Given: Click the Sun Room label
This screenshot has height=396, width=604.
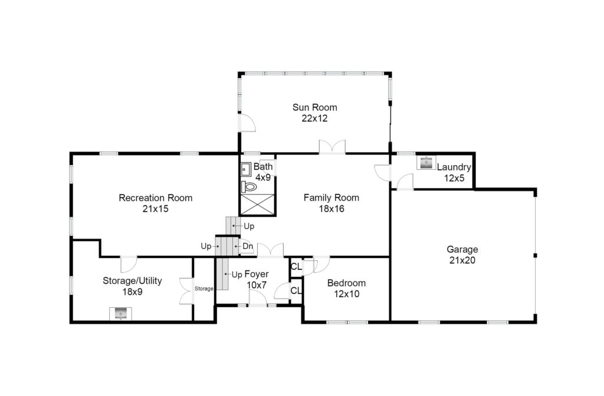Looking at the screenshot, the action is tap(314, 107).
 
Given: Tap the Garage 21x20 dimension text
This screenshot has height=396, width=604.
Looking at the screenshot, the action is tap(462, 260).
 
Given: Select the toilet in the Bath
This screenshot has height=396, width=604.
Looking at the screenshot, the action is tap(250, 187).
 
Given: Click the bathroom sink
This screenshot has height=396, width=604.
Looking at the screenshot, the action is tap(246, 169).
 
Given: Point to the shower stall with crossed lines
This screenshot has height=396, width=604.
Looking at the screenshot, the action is tap(258, 204).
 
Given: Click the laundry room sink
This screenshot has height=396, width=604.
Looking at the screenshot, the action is tap(426, 163).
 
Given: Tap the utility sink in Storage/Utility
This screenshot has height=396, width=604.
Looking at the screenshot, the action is tap(120, 313).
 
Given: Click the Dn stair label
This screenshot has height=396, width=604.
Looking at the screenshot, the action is tap(248, 246).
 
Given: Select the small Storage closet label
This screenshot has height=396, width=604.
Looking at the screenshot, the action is tap(203, 289).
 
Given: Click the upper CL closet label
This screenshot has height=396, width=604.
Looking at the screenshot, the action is tap(296, 266).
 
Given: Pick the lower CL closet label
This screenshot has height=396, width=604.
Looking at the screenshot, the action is tap(296, 291).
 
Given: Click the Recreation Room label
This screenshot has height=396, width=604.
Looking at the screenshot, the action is tap(156, 198).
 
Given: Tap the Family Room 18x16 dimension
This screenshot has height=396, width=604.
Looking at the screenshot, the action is tap(331, 209).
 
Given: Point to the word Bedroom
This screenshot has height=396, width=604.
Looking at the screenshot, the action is tap(346, 283).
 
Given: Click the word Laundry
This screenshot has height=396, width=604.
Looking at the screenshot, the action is tap(454, 167).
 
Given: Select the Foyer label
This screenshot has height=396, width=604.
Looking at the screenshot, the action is tap(257, 274).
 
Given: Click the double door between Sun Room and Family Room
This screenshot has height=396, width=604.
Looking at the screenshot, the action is tap(332, 147).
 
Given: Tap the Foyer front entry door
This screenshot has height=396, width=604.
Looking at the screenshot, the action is tap(258, 299).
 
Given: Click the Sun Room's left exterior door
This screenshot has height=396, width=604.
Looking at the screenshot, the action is tap(247, 123).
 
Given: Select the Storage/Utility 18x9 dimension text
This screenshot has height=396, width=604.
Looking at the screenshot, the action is tap(133, 292).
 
